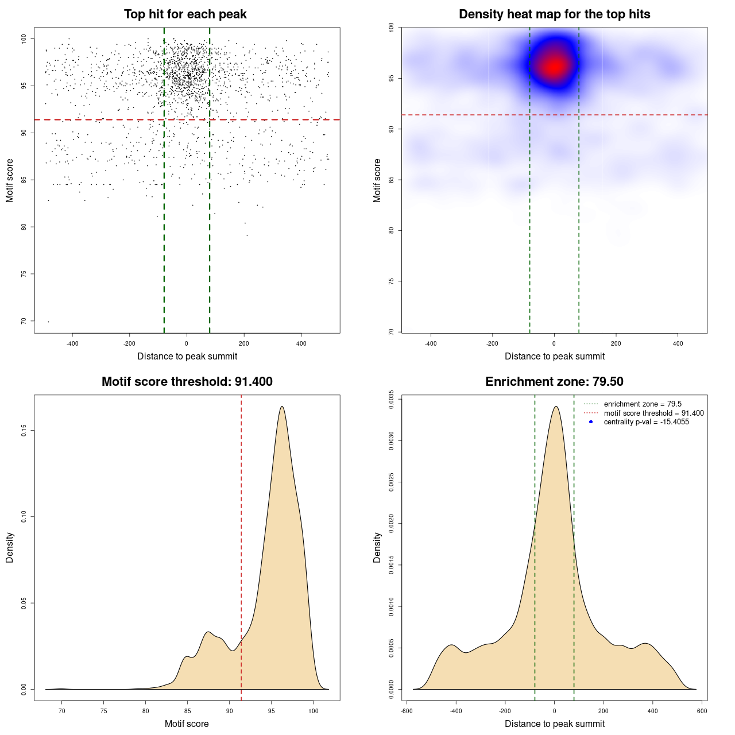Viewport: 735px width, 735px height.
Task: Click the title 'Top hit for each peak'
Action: click(185, 14)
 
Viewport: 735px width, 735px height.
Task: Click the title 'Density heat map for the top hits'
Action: click(554, 14)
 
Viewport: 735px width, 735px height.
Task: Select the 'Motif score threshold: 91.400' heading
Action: click(187, 382)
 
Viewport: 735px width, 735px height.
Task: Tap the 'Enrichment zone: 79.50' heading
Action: click(554, 382)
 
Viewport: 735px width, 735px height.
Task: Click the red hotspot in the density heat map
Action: click(554, 66)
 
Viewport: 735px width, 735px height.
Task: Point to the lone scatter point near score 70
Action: click(48, 322)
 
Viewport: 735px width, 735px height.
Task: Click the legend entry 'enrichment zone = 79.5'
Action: click(643, 404)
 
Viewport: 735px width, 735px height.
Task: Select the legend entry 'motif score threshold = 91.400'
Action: click(653, 413)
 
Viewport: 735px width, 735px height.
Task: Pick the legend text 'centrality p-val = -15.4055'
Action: click(646, 422)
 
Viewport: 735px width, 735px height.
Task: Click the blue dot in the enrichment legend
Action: click(591, 422)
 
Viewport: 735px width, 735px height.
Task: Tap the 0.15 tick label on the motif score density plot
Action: click(24, 431)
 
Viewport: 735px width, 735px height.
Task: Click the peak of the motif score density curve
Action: click(282, 407)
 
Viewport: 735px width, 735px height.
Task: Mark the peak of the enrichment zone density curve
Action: click(555, 407)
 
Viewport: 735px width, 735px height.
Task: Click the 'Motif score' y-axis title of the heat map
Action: click(377, 180)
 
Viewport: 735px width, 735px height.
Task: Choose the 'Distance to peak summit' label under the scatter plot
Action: click(187, 357)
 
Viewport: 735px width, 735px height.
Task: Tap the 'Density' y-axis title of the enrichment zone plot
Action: click(377, 547)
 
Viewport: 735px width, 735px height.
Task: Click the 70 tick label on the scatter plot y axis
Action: click(24, 321)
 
